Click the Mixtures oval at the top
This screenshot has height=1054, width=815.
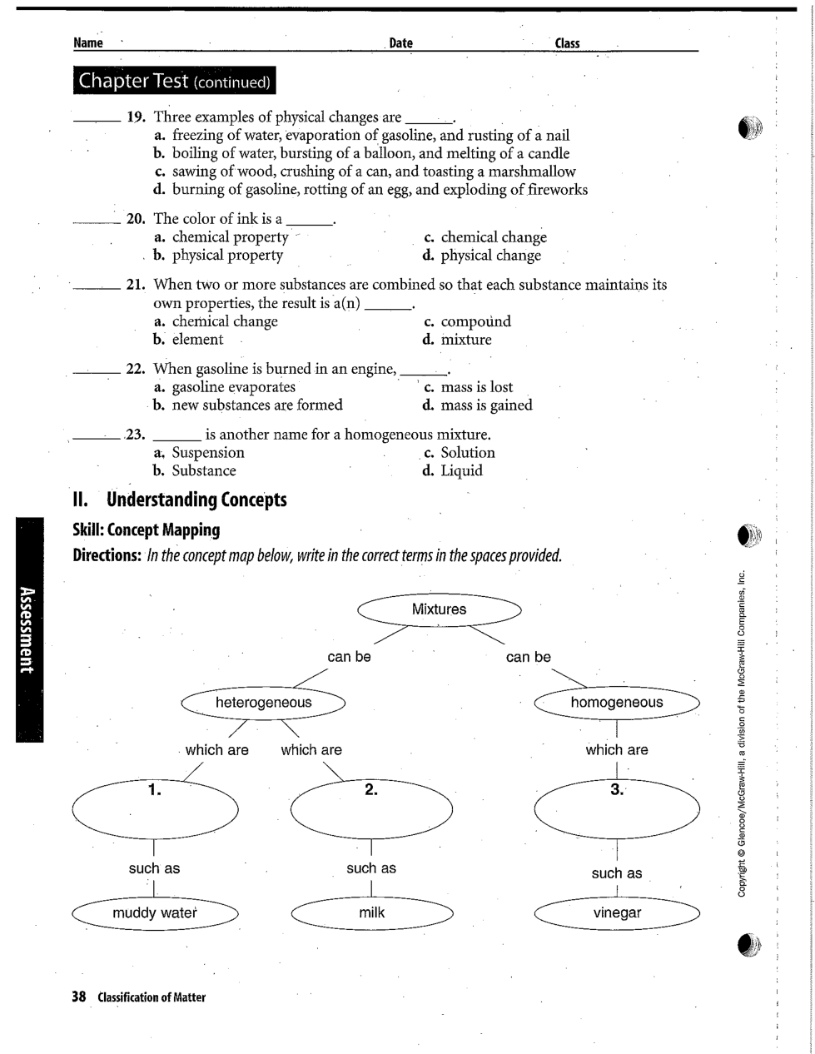tap(439, 609)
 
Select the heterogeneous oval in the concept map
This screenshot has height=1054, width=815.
tap(263, 703)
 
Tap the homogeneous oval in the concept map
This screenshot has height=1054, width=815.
tap(617, 703)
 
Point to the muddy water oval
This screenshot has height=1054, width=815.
tap(156, 913)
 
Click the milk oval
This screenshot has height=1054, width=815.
tap(371, 913)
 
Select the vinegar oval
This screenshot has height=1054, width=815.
tap(617, 913)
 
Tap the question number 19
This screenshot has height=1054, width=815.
tap(137, 117)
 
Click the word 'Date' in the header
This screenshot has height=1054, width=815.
tap(400, 43)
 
